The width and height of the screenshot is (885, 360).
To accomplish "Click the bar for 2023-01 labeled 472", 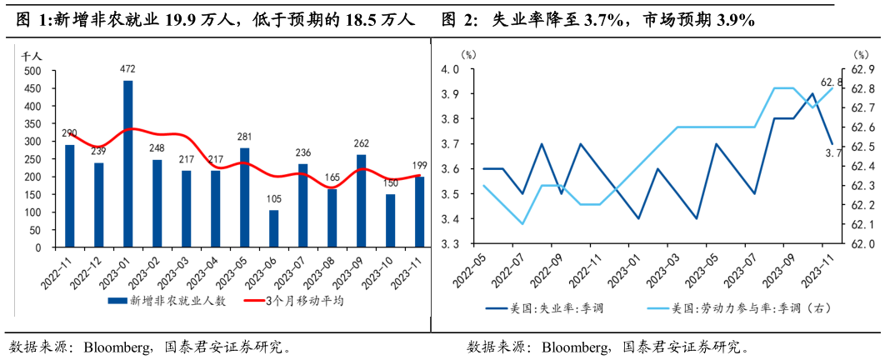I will [127, 163].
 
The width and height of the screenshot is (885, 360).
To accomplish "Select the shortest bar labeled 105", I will [273, 228].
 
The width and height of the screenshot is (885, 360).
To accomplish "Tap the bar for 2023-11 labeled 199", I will [419, 212].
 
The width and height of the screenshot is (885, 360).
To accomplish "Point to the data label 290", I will [69, 133].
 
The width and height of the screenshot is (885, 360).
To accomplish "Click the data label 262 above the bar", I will [361, 142].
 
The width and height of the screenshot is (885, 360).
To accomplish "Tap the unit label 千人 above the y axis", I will [32, 56].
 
